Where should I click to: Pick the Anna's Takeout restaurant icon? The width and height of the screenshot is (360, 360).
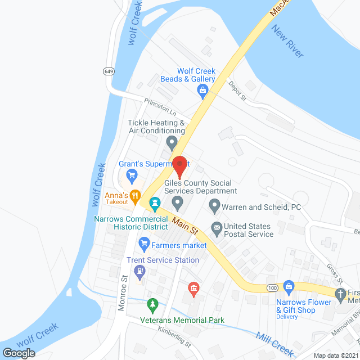click(x=135, y=196)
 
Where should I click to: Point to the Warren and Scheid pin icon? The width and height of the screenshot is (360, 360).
click(x=214, y=206)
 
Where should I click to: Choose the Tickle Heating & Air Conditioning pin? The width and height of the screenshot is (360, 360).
click(x=172, y=142)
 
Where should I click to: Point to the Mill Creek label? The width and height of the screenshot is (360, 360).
click(x=274, y=344)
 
